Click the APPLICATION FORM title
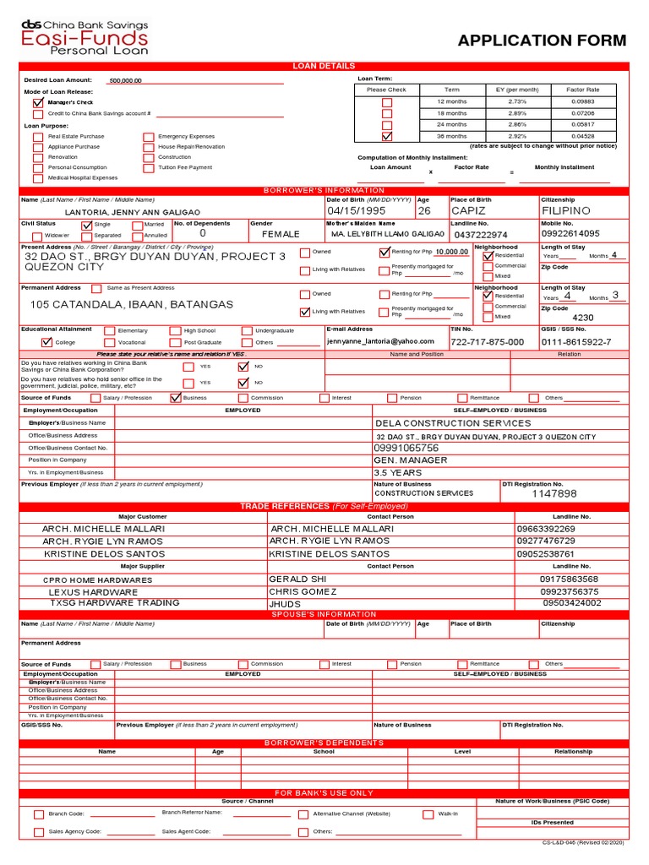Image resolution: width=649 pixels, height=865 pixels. [542, 41]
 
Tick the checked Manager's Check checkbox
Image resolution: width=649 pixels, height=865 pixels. [38, 102]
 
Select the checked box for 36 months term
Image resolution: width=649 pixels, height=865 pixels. [387, 136]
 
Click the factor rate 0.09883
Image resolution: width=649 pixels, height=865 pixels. [582, 101]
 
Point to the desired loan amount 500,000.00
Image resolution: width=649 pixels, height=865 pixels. [126, 80]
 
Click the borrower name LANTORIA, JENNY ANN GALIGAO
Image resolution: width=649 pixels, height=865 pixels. [133, 212]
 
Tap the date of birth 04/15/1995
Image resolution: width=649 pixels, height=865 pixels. [356, 210]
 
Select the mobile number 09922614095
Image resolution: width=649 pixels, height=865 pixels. [570, 234]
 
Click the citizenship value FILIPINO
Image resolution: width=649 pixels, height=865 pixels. [565, 210]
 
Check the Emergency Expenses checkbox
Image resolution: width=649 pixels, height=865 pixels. [149, 136]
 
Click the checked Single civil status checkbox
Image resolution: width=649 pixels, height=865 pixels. [86, 226]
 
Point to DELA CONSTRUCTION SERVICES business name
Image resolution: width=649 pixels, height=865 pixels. [453, 423]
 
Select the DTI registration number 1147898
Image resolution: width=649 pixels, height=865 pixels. [554, 493]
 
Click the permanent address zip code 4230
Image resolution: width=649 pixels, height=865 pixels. [583, 318]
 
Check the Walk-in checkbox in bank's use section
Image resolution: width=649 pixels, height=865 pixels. [428, 814]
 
